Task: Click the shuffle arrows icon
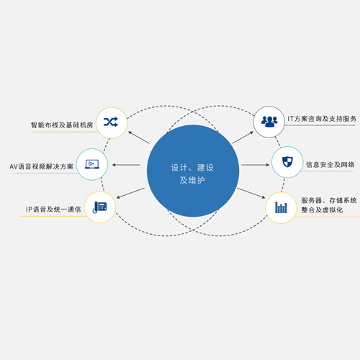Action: pos(111,122)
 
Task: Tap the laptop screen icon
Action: pos(92,164)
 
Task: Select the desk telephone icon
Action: pos(100,207)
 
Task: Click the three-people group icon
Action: pos(269,122)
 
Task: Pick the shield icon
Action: pos(287,161)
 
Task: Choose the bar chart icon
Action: pos(281,207)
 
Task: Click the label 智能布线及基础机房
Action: pos(62,125)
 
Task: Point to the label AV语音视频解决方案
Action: pos(42,166)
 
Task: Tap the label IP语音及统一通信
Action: pos(53,210)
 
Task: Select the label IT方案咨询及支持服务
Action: pos(322,119)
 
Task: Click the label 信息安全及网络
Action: pos(330,165)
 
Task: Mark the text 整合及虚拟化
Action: pos(322,210)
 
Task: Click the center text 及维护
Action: pos(192,180)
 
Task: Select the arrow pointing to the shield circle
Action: pos(256,165)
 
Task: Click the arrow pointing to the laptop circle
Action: pos(126,165)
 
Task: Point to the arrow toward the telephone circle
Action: pos(130,193)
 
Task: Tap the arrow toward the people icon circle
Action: pos(243,138)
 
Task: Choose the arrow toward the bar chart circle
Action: pos(251,193)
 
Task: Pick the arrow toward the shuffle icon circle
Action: pos(139,138)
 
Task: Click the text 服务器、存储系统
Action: pos(329,200)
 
